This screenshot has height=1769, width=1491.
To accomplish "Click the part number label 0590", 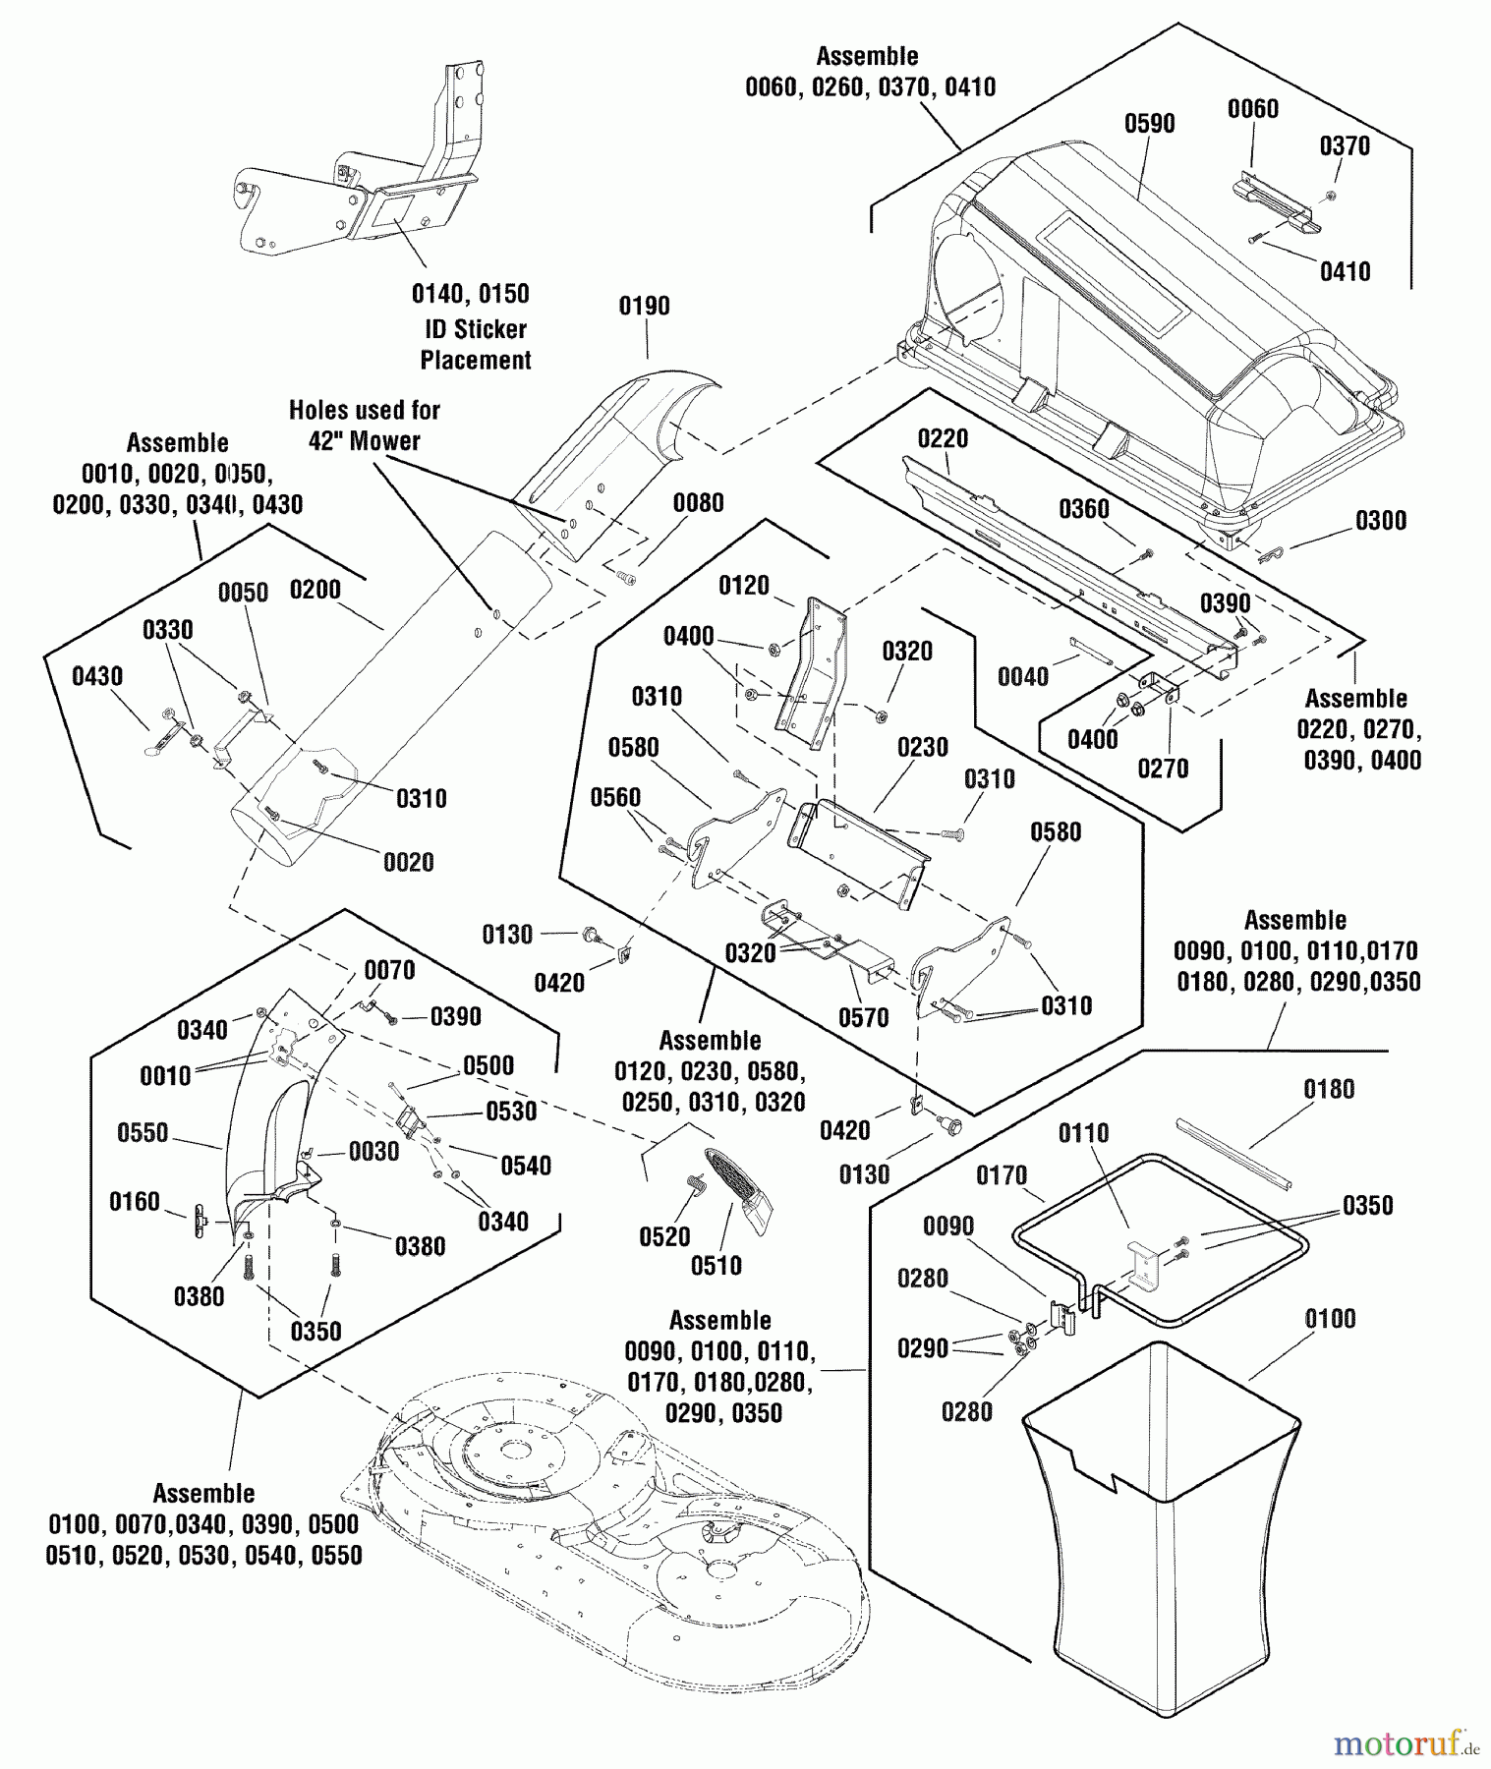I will [1149, 124].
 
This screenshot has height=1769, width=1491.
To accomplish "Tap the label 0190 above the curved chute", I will [644, 307].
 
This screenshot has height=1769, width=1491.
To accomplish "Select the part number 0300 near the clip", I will [1380, 521].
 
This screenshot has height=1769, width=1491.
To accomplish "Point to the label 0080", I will [698, 503].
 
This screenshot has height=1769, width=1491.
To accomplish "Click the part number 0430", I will [97, 677].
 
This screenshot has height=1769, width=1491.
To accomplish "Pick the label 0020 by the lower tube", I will [408, 863].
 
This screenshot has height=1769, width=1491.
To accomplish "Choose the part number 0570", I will [863, 1018].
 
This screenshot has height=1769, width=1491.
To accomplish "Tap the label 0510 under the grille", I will [716, 1266].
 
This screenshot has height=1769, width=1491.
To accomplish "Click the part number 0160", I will [134, 1202].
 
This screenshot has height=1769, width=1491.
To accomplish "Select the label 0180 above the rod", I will [1329, 1089].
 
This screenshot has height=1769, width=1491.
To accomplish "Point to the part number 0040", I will [1023, 676].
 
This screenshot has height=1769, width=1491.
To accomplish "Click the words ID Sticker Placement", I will [476, 345].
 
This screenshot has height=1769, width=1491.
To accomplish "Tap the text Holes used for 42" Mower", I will [365, 426].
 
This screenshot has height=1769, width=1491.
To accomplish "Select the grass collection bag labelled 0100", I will [1160, 1533].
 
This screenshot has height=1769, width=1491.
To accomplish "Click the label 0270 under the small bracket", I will [1163, 769].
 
